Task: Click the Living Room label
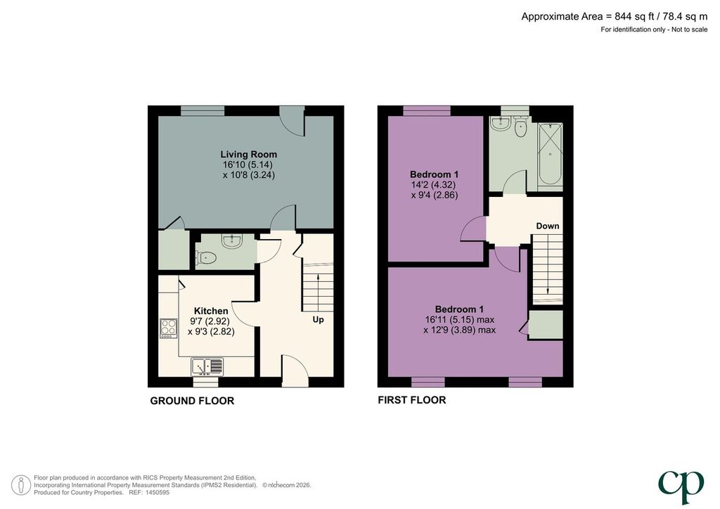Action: pyautogui.click(x=248, y=154)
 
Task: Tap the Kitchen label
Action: pyautogui.click(x=211, y=311)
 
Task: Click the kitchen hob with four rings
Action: pyautogui.click(x=169, y=328)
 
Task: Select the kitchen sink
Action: pyautogui.click(x=207, y=366)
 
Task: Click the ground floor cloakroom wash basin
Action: pyautogui.click(x=233, y=240)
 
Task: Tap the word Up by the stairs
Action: pyautogui.click(x=319, y=319)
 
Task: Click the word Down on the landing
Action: pyautogui.click(x=548, y=226)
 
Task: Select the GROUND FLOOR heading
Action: pyautogui.click(x=192, y=401)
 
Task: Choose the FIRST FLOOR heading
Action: pyautogui.click(x=412, y=400)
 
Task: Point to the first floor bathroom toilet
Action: pyautogui.click(x=521, y=127)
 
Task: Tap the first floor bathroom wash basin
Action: pyautogui.click(x=499, y=124)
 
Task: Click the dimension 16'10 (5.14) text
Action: pyautogui.click(x=248, y=165)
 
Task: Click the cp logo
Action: pyautogui.click(x=681, y=487)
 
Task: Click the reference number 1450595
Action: pyautogui.click(x=157, y=492)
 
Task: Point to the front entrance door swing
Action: pyautogui.click(x=295, y=370)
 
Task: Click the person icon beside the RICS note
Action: pyautogui.click(x=20, y=485)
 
